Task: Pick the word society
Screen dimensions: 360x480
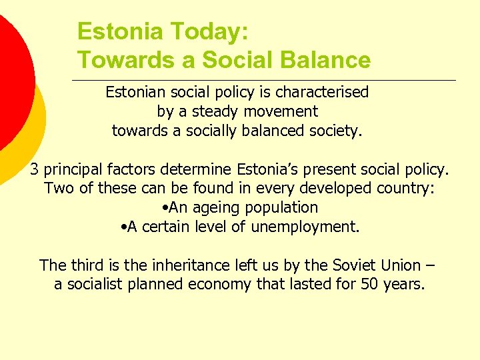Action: click(335, 131)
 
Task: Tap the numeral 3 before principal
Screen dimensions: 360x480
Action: click(35, 169)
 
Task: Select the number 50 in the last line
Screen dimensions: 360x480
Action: click(367, 285)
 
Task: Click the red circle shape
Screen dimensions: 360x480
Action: click(10, 73)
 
